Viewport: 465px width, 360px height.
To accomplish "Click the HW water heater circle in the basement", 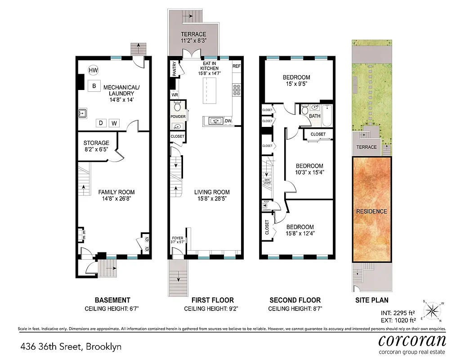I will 93,70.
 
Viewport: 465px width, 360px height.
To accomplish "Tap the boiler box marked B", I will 94,86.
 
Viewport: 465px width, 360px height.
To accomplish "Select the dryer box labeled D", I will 101,123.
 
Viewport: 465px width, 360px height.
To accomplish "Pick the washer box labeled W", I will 114,123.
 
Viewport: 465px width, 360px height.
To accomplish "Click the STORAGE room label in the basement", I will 96,143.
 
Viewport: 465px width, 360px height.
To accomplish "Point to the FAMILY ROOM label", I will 116,192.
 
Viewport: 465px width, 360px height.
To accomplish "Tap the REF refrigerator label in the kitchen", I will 237,66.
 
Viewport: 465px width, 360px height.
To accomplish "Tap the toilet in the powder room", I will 177,107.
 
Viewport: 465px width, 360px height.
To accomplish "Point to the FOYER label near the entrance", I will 178,238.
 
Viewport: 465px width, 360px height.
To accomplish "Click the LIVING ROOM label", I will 212,192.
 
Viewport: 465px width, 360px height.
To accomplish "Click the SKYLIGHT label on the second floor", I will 266,181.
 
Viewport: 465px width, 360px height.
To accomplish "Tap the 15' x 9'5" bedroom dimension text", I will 298,84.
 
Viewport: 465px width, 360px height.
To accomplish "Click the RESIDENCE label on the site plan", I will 371,211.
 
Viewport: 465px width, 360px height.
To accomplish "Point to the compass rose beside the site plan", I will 433,310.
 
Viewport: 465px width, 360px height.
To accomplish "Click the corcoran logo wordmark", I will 412,340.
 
